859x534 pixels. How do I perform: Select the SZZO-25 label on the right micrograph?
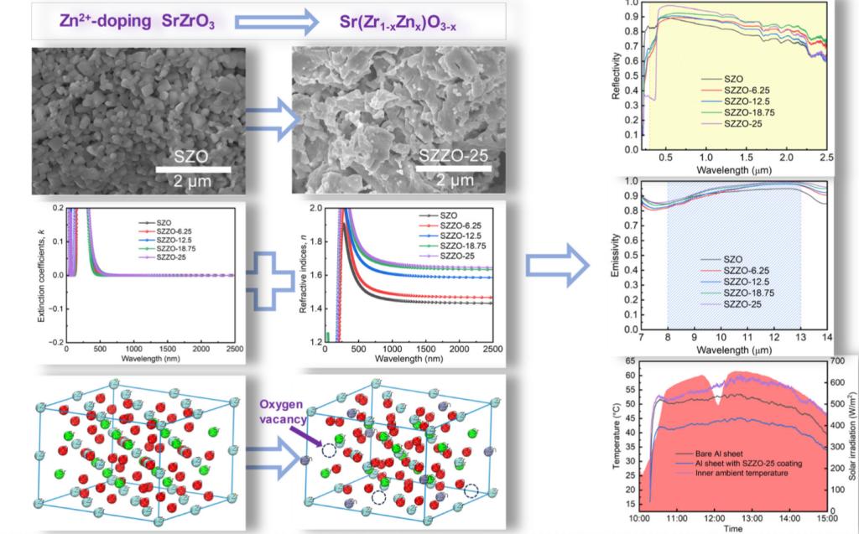coord(454,158)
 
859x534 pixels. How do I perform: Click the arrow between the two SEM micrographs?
coord(273,122)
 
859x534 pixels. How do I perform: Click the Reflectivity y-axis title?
coord(616,75)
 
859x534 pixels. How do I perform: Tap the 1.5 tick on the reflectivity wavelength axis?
coord(747,157)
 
